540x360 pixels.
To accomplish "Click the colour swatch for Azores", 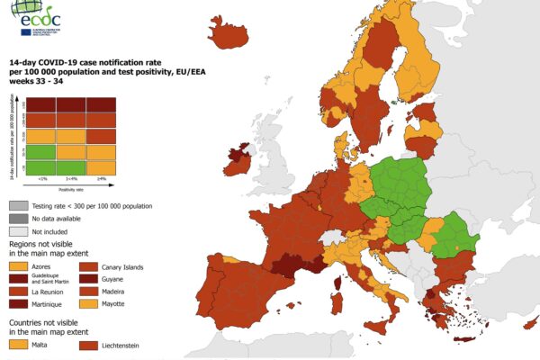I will coord(18,267).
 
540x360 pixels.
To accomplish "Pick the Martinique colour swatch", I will coord(18,307).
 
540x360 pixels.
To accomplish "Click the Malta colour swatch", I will coord(18,344).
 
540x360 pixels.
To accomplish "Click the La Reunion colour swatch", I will coord(18,293).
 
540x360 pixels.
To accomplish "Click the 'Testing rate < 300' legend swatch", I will coord(18,206).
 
